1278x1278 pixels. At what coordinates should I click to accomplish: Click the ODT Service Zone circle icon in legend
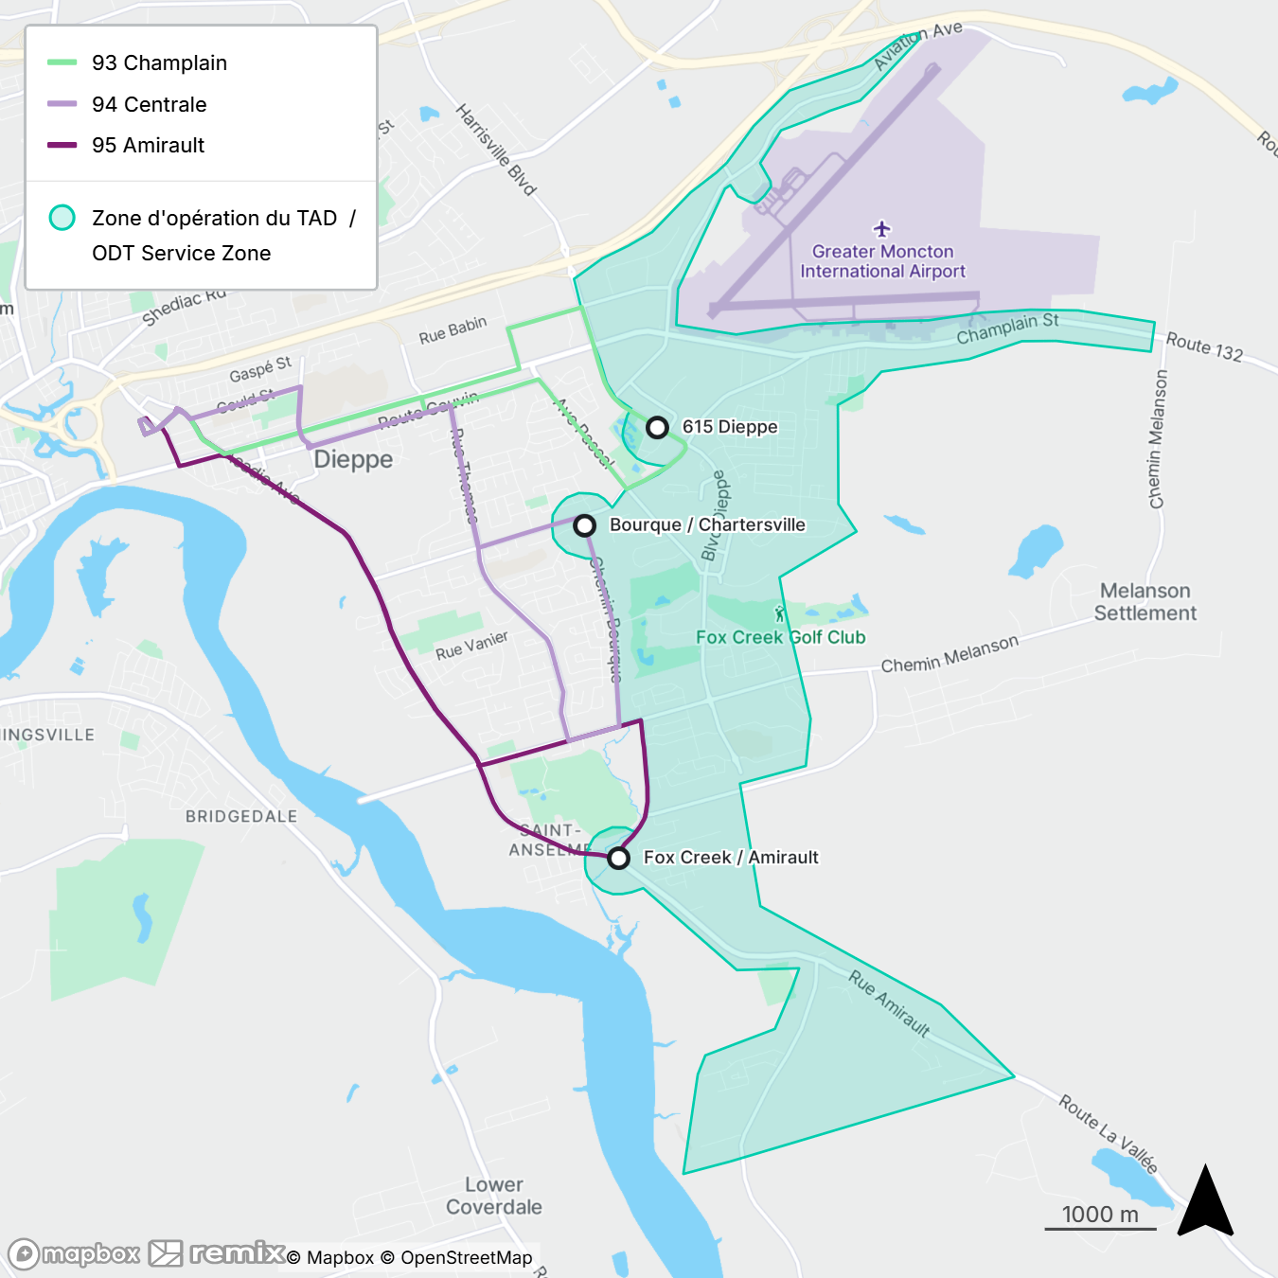(62, 218)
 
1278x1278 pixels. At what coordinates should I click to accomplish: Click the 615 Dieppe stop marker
(657, 428)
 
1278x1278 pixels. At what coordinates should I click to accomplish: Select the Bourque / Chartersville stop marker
(585, 525)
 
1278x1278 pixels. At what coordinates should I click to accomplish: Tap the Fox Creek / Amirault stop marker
(618, 859)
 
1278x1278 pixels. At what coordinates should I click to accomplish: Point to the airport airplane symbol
(882, 229)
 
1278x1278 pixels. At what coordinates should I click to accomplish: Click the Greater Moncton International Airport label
(882, 261)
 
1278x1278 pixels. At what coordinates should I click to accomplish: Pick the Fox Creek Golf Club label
(780, 637)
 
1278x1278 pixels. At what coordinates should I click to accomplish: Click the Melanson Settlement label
(1145, 602)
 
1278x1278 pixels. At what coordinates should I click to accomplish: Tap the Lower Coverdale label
(493, 1196)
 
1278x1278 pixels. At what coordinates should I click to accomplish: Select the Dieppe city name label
(353, 460)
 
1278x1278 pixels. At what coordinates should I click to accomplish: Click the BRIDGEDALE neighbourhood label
(240, 816)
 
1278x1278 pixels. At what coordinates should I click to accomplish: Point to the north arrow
(1205, 1202)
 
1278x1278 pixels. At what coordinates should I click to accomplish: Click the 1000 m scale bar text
(1100, 1215)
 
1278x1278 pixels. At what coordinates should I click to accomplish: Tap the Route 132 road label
(1203, 346)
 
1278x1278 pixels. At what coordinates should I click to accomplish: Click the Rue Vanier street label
(471, 646)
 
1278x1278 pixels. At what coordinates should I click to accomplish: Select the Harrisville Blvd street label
(496, 150)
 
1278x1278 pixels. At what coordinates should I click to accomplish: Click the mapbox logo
(75, 1254)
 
